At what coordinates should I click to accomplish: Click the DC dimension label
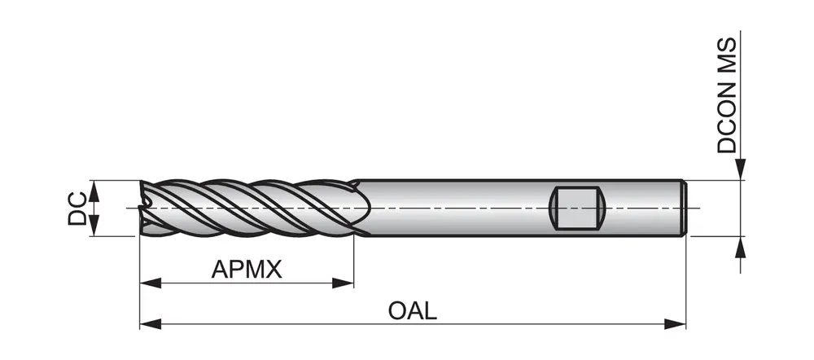(x=76, y=208)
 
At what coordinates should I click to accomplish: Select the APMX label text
(x=247, y=269)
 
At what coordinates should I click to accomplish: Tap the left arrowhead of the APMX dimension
(x=149, y=283)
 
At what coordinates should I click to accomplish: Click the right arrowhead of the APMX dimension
(x=345, y=283)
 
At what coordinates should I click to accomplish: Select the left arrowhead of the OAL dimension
(x=149, y=323)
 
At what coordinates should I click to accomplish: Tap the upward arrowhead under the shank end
(x=740, y=245)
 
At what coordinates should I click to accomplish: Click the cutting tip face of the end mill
(x=145, y=208)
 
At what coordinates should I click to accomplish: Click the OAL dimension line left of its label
(x=269, y=323)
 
